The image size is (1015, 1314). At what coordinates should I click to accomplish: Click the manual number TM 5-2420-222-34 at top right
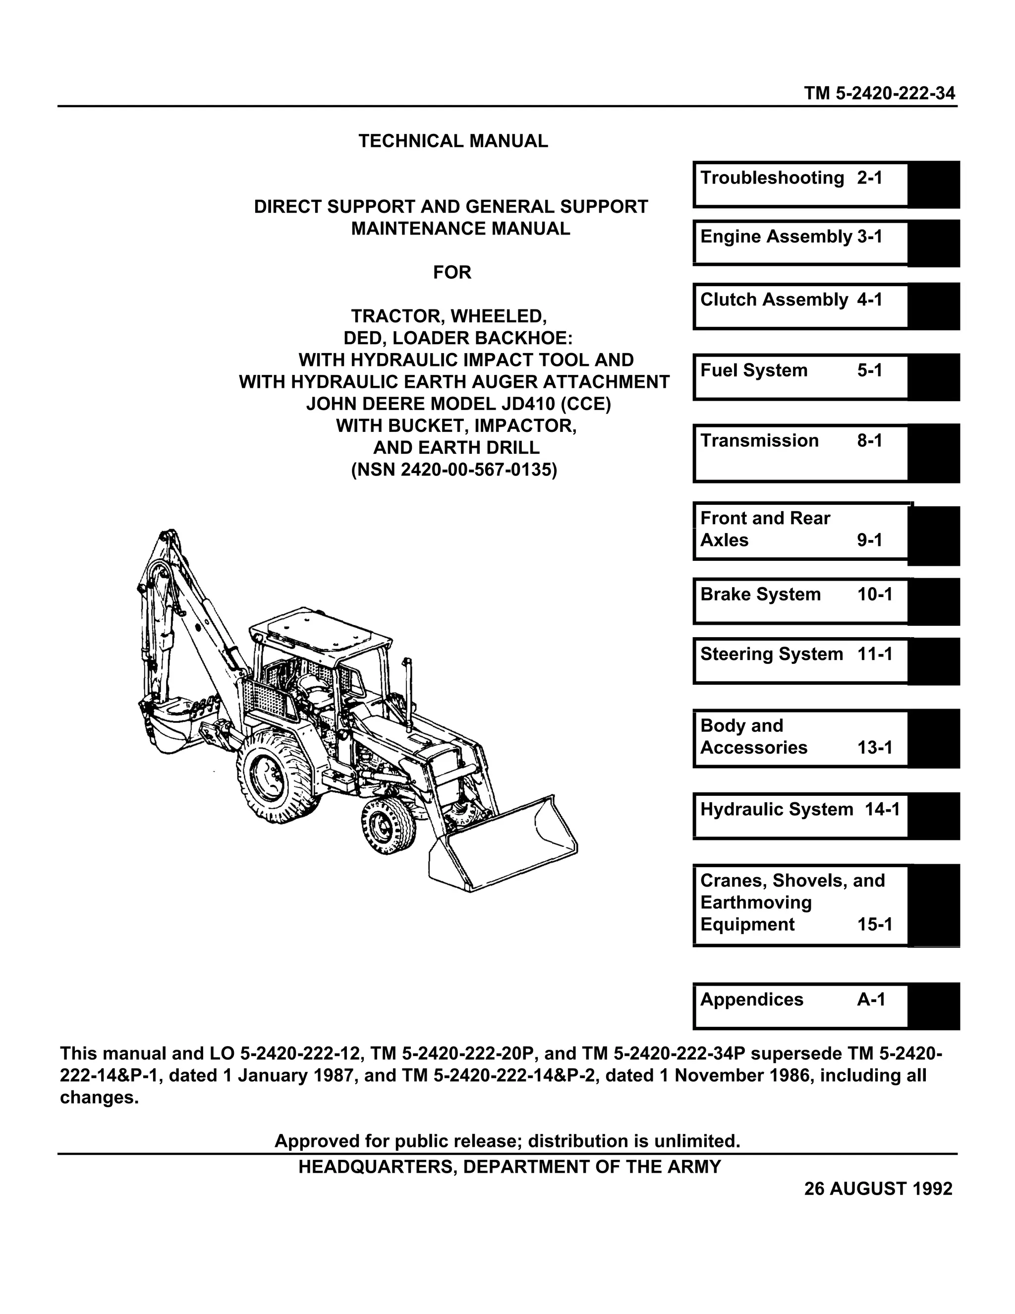point(879,93)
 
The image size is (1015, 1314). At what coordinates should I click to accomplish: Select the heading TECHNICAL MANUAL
point(453,141)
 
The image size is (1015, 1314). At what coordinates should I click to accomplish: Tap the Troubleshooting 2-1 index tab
point(800,184)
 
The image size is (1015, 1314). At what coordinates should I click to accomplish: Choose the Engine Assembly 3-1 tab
point(800,242)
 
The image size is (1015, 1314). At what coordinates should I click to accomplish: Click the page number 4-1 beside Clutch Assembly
point(869,299)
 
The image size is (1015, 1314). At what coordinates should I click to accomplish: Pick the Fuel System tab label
point(753,370)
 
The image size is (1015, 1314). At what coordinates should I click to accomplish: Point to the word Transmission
point(759,440)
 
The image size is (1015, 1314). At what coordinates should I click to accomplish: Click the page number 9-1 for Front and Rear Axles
point(869,539)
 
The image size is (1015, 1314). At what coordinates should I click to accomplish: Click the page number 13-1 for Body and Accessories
point(874,747)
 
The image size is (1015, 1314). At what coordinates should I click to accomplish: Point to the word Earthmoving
point(756,902)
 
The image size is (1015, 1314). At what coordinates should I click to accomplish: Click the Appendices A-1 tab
point(800,1006)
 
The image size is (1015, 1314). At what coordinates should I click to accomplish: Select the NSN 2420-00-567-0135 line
point(454,469)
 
